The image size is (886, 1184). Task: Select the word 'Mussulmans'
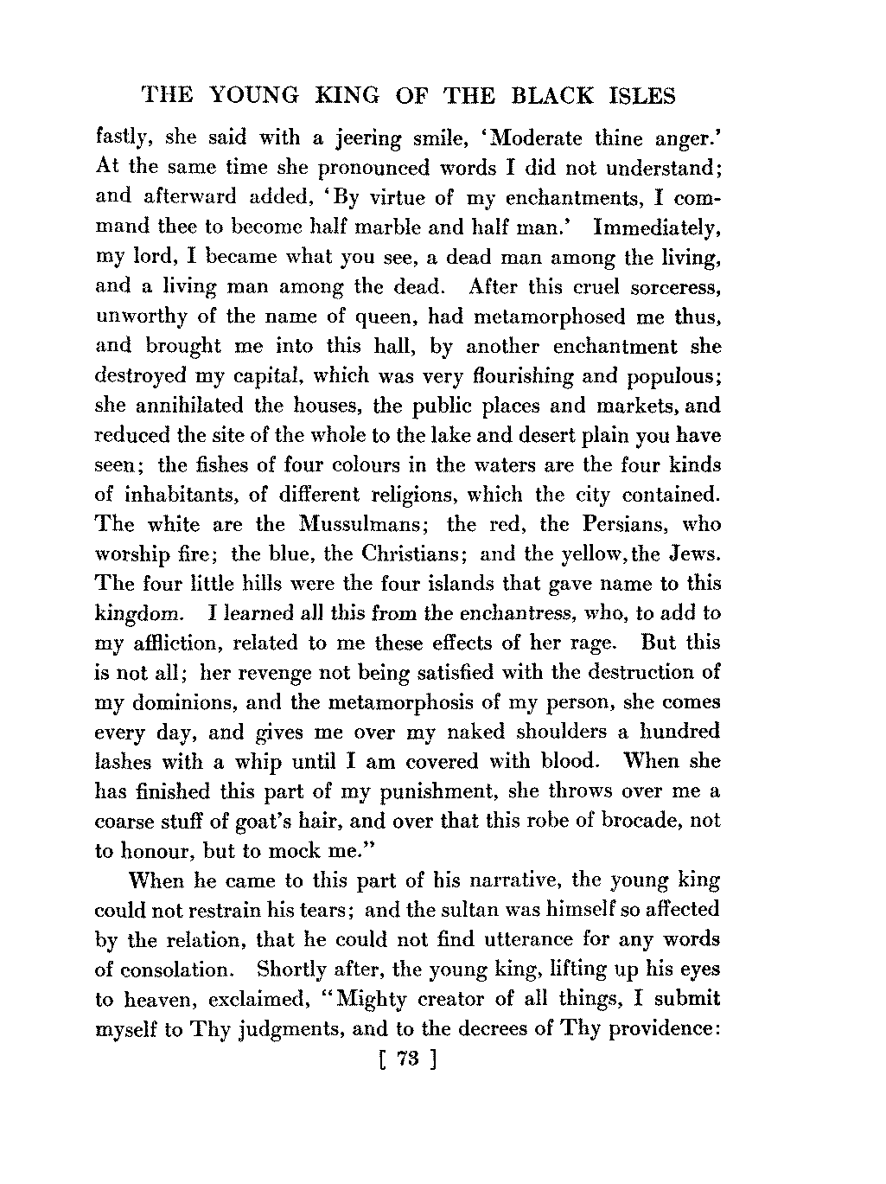click(x=359, y=524)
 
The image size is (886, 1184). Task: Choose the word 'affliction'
click(x=178, y=643)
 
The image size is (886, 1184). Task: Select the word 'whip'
click(x=280, y=761)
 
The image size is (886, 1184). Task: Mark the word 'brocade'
click(x=621, y=820)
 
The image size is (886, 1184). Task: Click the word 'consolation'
click(x=176, y=970)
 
